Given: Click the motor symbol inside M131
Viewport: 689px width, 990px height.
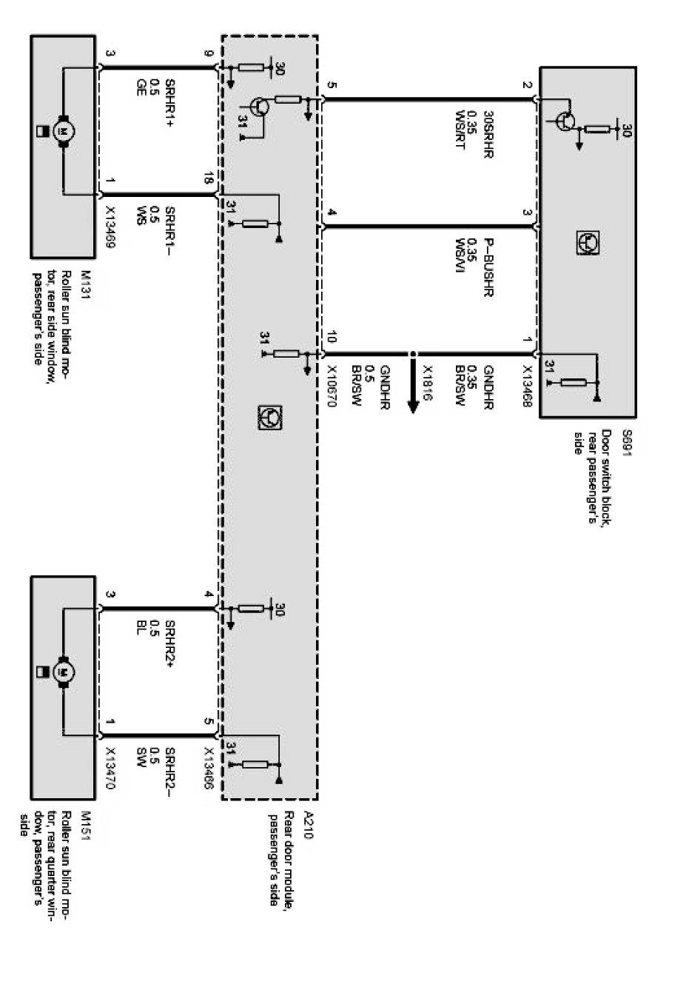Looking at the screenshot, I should pyautogui.click(x=63, y=131).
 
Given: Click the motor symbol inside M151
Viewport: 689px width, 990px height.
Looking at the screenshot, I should pyautogui.click(x=63, y=672).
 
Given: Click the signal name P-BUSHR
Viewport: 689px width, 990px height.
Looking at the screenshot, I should pyautogui.click(x=488, y=267).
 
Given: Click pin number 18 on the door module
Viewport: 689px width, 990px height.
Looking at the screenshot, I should pyautogui.click(x=208, y=179).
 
